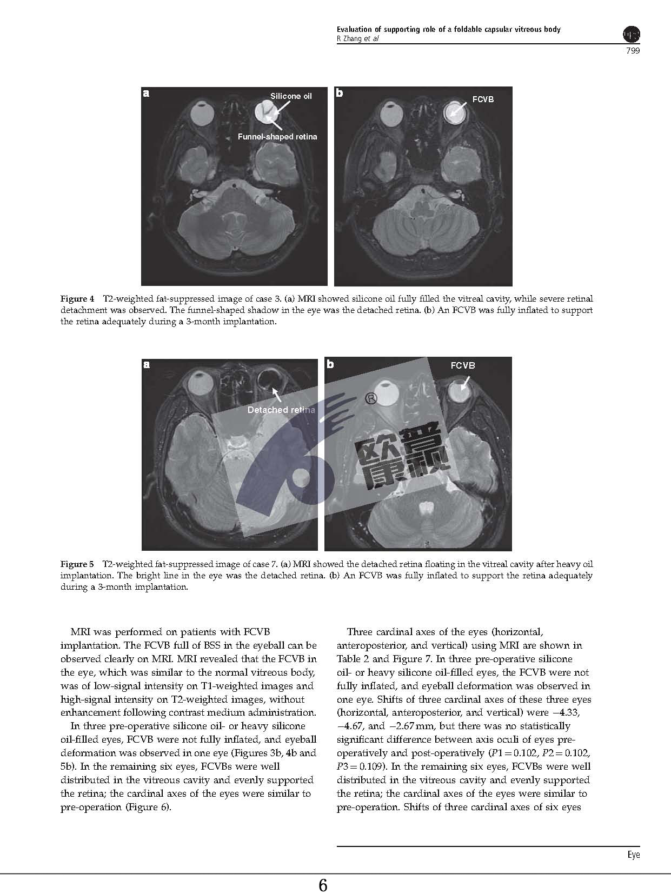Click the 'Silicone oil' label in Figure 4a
coord(291,96)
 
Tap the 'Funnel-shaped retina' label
coord(277,137)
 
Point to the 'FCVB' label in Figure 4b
coord(483,99)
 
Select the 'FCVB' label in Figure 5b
coord(463,365)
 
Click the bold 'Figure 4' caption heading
coord(77,298)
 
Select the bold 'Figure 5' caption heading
coord(77,563)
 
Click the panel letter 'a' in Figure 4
coord(146,94)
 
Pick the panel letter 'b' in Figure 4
coord(339,93)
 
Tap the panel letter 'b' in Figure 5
coord(330,364)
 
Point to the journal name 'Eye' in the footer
coord(633,855)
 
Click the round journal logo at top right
coord(632,35)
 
